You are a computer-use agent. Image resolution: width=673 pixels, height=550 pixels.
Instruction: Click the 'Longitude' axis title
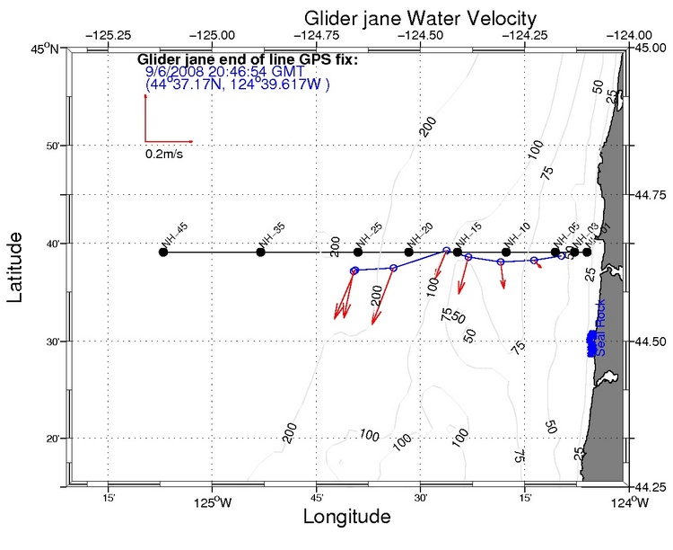(x=346, y=517)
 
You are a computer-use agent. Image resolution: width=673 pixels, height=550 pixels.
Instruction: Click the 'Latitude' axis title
(x=16, y=266)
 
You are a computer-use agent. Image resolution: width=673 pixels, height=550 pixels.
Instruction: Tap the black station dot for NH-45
(x=163, y=252)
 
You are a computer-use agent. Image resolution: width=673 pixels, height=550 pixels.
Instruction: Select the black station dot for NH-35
(x=261, y=252)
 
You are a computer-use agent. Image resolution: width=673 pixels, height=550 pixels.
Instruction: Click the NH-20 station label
(x=421, y=234)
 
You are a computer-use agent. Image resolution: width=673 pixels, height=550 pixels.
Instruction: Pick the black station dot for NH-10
(x=506, y=252)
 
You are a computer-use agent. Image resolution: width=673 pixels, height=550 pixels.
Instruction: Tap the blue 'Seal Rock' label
(x=600, y=327)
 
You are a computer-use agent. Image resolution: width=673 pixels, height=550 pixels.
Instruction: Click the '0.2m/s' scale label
(x=167, y=154)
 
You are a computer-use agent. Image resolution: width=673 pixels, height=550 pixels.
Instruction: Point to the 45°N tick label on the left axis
(x=44, y=49)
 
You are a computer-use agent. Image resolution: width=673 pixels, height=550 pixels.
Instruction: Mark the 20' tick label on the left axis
(x=48, y=439)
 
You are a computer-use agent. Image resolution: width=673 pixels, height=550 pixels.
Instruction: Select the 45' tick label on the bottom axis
(x=317, y=499)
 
